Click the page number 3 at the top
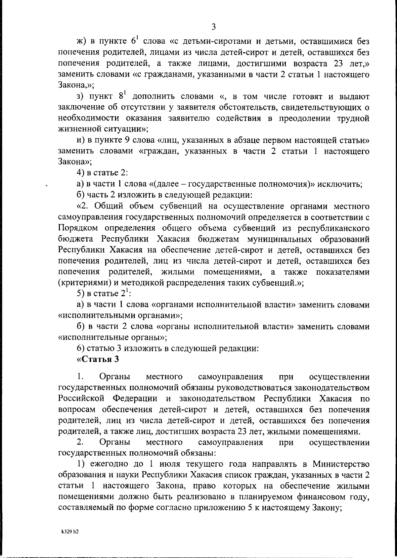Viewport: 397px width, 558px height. (213, 27)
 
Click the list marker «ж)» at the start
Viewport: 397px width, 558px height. (81, 42)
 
